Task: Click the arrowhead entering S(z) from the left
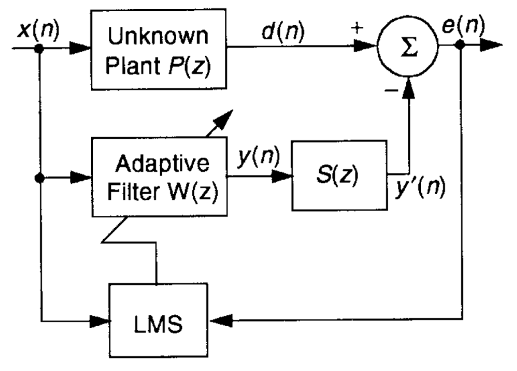pyautogui.click(x=283, y=174)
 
